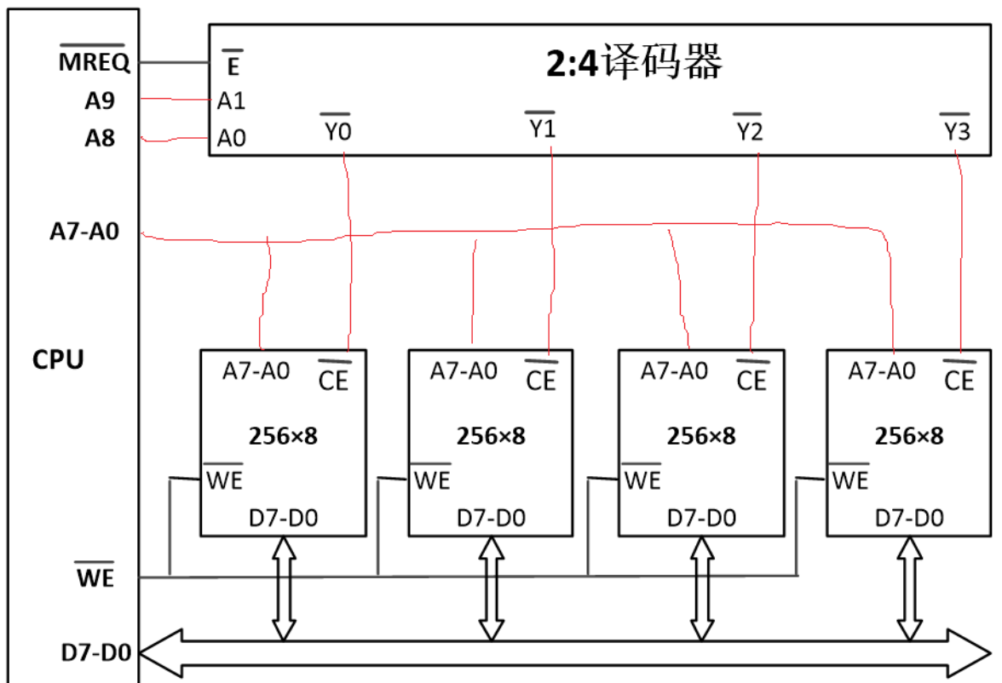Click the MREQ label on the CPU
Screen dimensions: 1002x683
click(x=94, y=60)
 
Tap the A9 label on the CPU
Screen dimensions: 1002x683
click(x=100, y=100)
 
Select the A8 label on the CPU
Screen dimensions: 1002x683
click(x=100, y=137)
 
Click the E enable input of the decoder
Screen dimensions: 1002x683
click(x=233, y=63)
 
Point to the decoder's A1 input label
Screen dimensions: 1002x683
click(x=232, y=100)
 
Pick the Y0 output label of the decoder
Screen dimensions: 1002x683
click(x=337, y=128)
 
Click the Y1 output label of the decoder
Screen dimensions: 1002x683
click(x=541, y=125)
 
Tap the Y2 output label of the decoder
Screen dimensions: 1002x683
click(x=749, y=128)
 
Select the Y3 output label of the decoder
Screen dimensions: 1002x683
click(x=956, y=128)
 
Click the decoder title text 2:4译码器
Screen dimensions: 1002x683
click(x=634, y=62)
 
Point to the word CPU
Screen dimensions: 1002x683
click(x=58, y=359)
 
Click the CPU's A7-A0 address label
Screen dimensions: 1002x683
click(x=84, y=231)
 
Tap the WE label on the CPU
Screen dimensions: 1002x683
click(x=95, y=575)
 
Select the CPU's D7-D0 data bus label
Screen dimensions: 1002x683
click(x=95, y=652)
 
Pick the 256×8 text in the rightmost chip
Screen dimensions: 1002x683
click(x=908, y=436)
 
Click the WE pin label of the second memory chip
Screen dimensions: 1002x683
click(x=431, y=477)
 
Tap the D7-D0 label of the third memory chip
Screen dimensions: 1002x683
click(x=702, y=518)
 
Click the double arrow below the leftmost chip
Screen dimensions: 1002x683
click(x=284, y=588)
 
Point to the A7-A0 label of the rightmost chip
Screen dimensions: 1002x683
click(x=882, y=370)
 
